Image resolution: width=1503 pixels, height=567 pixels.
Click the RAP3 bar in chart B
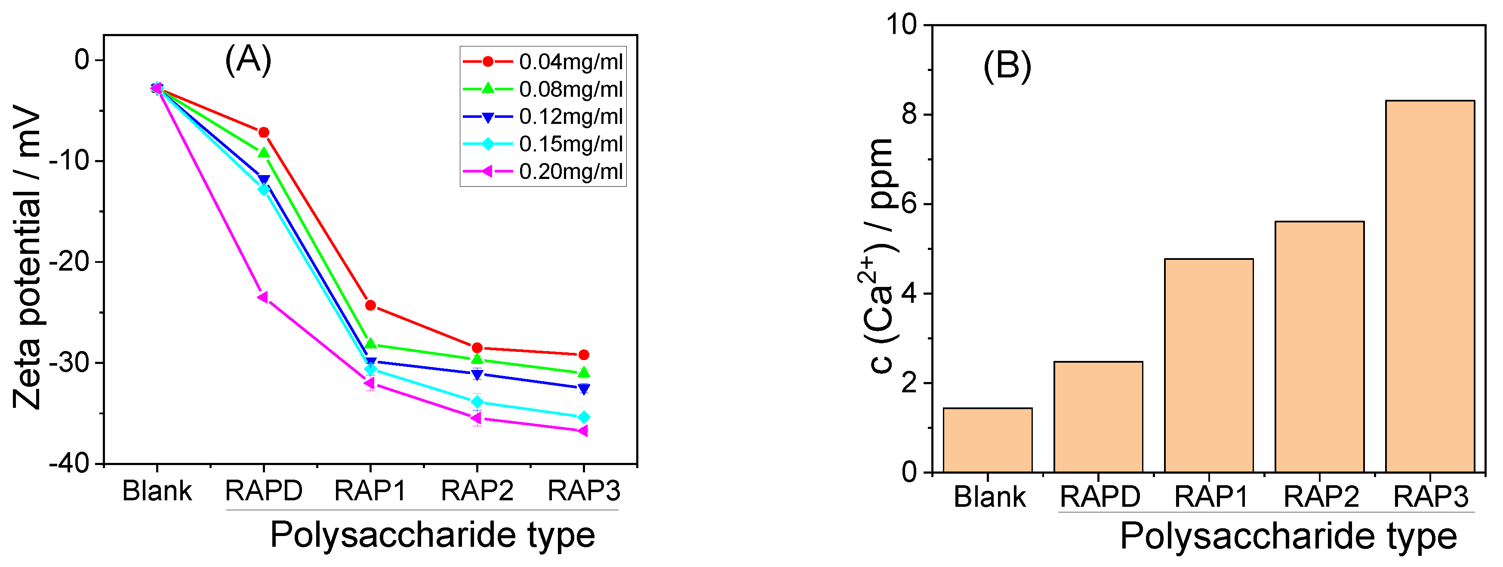point(1429,286)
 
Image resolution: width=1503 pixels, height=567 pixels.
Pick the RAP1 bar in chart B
point(1208,365)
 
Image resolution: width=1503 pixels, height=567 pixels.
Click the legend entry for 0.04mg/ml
point(542,61)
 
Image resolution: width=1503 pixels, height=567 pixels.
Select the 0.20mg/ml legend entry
point(542,172)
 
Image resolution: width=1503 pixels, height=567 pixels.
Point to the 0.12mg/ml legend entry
point(542,117)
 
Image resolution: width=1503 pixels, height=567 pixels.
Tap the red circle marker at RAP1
point(370,305)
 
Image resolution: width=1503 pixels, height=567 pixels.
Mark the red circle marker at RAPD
point(264,133)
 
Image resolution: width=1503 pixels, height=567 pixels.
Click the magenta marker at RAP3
point(582,431)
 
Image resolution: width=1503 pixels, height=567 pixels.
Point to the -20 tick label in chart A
point(68,262)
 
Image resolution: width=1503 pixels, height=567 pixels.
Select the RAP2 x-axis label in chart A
point(477,490)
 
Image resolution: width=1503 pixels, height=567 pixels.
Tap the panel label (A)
point(248,59)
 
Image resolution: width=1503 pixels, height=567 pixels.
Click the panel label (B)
point(1007,65)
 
